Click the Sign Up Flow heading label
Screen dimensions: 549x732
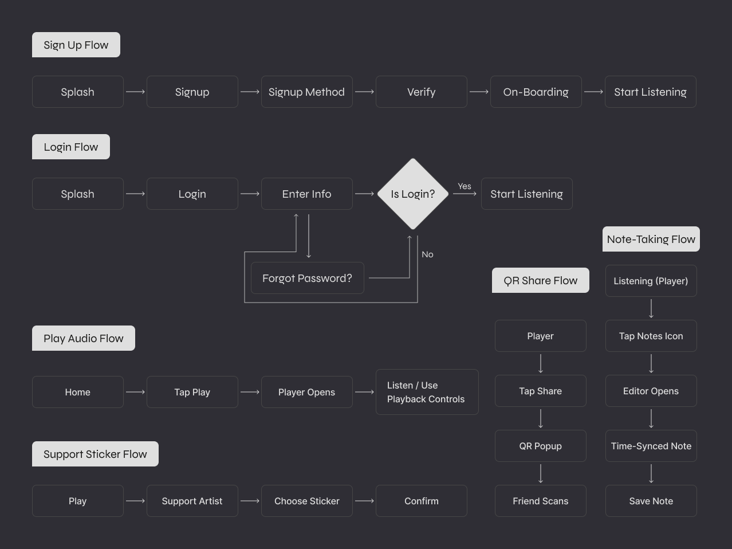tap(76, 45)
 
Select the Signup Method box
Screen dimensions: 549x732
tap(306, 92)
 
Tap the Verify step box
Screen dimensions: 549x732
tap(421, 92)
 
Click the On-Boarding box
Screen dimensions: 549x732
tap(536, 92)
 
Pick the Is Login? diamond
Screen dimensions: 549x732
tap(412, 194)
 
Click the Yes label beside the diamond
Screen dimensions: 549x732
tap(465, 186)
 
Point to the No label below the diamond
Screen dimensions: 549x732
tap(427, 254)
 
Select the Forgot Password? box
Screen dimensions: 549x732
tap(307, 278)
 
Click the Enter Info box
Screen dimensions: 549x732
tap(306, 194)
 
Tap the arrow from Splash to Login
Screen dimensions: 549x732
tap(135, 194)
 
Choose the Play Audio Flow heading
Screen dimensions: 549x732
tap(84, 338)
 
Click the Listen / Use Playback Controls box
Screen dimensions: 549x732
tap(427, 392)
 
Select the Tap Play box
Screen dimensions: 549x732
tap(192, 392)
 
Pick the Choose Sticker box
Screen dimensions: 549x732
tap(306, 501)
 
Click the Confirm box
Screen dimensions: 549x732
tap(421, 501)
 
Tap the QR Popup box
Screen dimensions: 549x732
tap(540, 446)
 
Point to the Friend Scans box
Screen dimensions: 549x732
tap(540, 501)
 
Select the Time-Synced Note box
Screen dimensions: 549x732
tap(651, 446)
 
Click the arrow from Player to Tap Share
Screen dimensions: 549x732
tap(541, 363)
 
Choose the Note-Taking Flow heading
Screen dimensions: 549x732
tap(651, 239)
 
